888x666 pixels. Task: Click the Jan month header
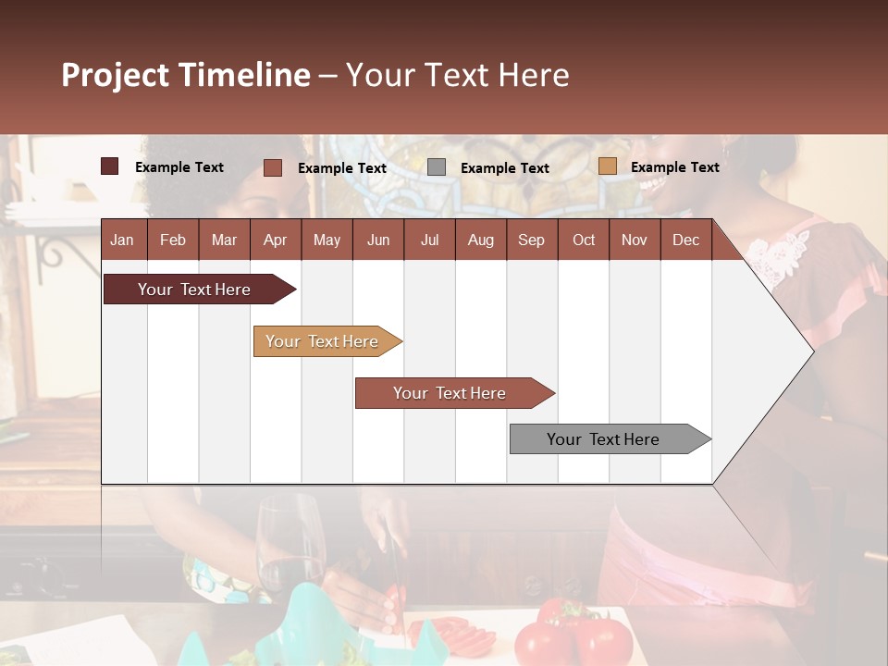[x=123, y=240]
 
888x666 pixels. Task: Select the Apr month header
[x=275, y=240]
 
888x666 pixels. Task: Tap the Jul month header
[x=429, y=240]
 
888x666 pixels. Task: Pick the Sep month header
[x=531, y=240]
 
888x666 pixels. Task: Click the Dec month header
[x=685, y=240]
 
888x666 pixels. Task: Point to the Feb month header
[x=173, y=240]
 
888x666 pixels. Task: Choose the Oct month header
[x=584, y=240]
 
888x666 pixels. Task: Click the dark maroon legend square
[x=110, y=166]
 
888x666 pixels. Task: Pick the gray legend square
[x=437, y=167]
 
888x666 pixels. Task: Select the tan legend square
[x=607, y=166]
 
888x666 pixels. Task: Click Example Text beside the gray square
[x=504, y=168]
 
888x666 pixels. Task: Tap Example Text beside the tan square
[x=674, y=167]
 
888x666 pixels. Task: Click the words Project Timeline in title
[x=186, y=75]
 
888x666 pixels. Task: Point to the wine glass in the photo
[x=290, y=546]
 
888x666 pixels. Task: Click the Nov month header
[x=634, y=240]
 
